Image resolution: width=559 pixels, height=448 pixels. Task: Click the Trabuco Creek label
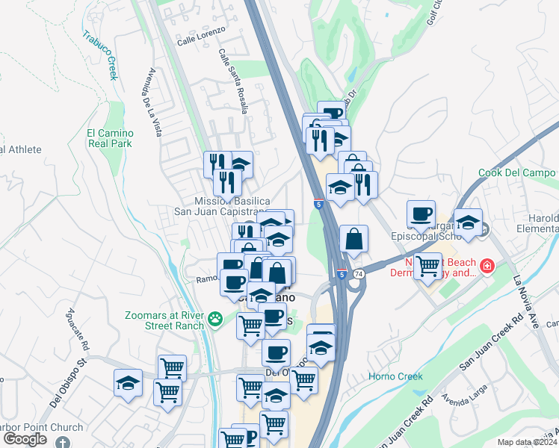pyautogui.click(x=100, y=56)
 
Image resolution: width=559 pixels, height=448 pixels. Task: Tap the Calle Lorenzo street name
pyautogui.click(x=201, y=41)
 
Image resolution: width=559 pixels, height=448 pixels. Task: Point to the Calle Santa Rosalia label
pyautogui.click(x=232, y=81)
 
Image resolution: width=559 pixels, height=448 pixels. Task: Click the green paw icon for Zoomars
pyautogui.click(x=216, y=318)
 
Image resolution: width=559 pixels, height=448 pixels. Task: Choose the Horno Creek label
pyautogui.click(x=395, y=376)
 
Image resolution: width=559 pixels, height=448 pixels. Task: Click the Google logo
pyautogui.click(x=24, y=439)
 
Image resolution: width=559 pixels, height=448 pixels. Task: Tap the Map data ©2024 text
pyautogui.click(x=528, y=442)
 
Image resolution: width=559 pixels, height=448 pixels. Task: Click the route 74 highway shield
pyautogui.click(x=359, y=275)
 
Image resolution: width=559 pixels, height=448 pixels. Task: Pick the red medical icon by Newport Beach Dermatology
pyautogui.click(x=487, y=266)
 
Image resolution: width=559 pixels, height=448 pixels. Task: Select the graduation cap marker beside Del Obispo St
pyautogui.click(x=128, y=382)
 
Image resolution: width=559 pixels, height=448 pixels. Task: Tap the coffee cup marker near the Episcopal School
pyautogui.click(x=421, y=214)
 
